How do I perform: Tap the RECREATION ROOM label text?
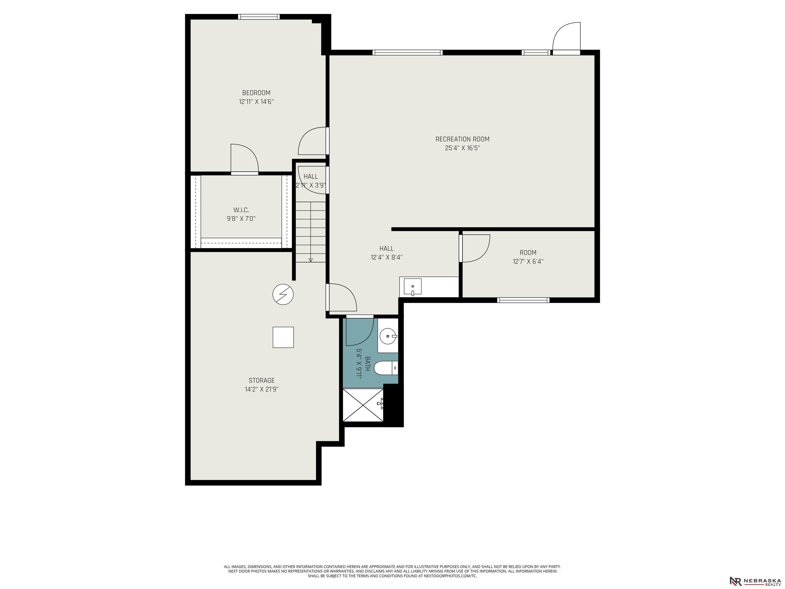(463, 139)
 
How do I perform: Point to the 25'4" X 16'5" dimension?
(463, 148)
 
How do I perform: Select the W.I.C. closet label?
(241, 210)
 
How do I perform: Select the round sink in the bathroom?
(388, 335)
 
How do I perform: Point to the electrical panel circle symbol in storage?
(283, 294)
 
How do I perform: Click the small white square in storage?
(283, 337)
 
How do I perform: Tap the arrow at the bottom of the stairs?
(310, 260)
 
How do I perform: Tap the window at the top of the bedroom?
(259, 17)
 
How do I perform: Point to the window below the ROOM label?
(523, 300)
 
